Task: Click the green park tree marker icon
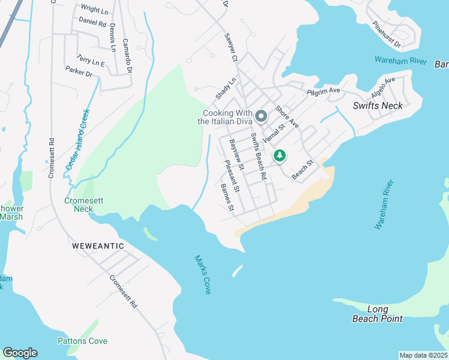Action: point(280,155)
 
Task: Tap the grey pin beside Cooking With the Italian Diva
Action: point(261,116)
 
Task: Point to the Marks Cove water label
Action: point(202,274)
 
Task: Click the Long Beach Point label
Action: point(378,314)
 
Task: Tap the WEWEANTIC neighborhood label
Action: point(98,246)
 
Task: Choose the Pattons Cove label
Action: point(82,341)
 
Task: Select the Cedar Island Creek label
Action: point(77,139)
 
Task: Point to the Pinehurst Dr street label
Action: point(394,35)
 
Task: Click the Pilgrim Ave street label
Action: point(324,91)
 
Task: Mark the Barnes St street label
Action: point(227,199)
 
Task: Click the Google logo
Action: point(20,353)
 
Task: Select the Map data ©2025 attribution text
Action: point(423,355)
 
